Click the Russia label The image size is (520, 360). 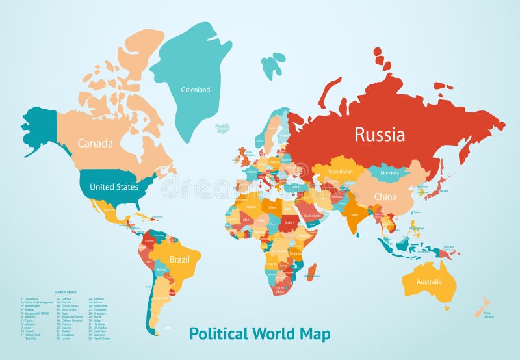coord(379,135)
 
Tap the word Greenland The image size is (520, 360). coord(195,90)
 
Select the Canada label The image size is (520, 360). coord(96,143)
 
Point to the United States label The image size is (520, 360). coord(114,187)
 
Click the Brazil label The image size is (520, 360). coord(179,259)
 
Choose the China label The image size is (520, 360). coord(385,196)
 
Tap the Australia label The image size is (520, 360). coord(429,282)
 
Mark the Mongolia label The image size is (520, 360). coord(389,173)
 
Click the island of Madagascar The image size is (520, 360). coord(311,271)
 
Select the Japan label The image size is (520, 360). coord(443,190)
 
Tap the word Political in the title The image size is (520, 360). coord(219,334)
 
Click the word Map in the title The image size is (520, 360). coord(315,334)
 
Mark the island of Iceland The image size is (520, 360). coord(223,128)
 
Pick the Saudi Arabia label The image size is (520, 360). coord(311,215)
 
